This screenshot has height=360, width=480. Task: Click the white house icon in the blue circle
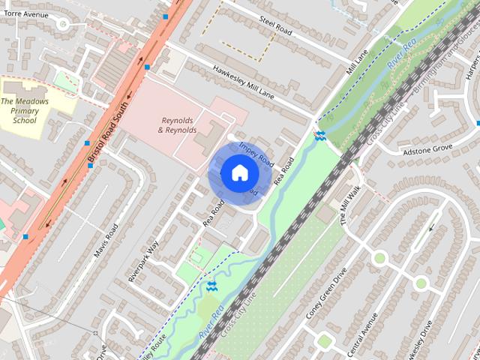[x=238, y=173]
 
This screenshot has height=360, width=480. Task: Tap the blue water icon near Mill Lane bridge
[x=320, y=135]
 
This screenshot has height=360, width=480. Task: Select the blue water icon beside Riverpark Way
[x=212, y=285]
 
